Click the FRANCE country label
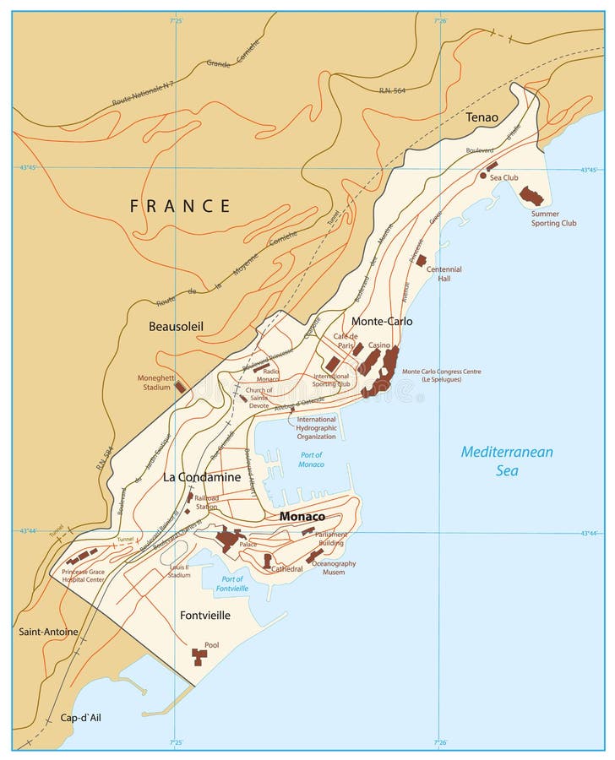click(180, 205)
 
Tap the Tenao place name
click(482, 117)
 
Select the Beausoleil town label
click(176, 325)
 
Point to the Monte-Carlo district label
click(382, 322)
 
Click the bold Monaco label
click(302, 516)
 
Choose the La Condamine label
click(202, 477)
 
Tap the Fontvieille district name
click(205, 616)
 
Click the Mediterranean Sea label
click(507, 461)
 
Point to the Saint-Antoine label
click(49, 632)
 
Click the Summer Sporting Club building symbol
click(531, 196)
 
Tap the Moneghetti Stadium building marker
click(180, 387)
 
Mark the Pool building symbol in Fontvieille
click(199, 656)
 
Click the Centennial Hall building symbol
click(421, 261)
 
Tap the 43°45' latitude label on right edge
click(588, 170)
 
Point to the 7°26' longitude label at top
click(440, 20)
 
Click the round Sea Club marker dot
click(482, 176)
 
